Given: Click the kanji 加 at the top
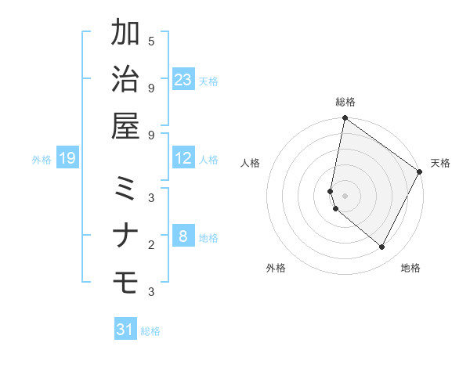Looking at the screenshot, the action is [x=126, y=35].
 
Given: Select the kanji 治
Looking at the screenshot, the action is [x=126, y=81].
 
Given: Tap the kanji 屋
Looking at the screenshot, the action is [x=126, y=127].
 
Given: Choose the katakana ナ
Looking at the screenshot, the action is [x=126, y=236].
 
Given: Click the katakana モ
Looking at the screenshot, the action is [x=126, y=283].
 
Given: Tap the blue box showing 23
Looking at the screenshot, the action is [x=183, y=79].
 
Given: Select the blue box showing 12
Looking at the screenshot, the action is [x=183, y=158].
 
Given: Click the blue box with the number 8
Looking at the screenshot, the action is [x=183, y=236].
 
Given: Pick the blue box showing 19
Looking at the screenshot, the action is [x=67, y=158].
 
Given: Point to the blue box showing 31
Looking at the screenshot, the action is [x=125, y=330].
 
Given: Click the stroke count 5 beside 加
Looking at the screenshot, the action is [x=150, y=41].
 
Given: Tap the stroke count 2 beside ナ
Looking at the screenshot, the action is [x=150, y=245].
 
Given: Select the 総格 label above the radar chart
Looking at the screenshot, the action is [x=345, y=102].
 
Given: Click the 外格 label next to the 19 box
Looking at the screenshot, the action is [x=42, y=160].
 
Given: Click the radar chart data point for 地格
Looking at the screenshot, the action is [x=382, y=247].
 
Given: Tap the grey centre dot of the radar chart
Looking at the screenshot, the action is [x=345, y=195].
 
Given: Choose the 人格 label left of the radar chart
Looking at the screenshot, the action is [x=251, y=163].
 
